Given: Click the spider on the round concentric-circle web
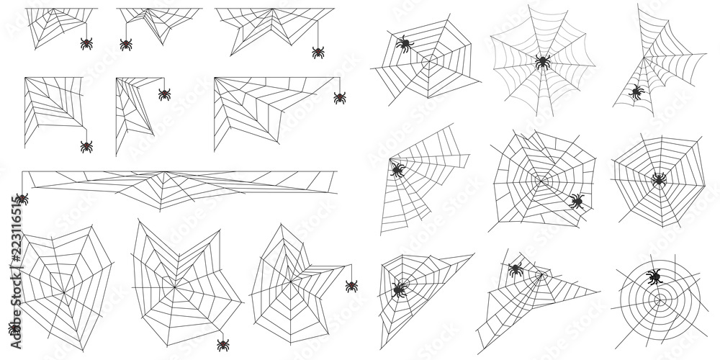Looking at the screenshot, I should click(654, 276).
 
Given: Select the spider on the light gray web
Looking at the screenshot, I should click(543, 62).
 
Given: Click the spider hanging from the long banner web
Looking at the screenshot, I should click(22, 199).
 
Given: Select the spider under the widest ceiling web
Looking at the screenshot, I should click(318, 52).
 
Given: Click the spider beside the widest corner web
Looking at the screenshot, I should click(340, 97).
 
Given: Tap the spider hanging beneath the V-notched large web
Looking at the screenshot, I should click(223, 345).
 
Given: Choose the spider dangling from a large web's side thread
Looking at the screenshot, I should click(351, 286).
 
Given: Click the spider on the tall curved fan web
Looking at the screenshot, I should click(636, 92).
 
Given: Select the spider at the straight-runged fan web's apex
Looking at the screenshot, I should click(397, 170).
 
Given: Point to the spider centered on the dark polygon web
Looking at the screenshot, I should click(658, 179).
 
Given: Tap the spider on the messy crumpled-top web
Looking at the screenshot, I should click(576, 201).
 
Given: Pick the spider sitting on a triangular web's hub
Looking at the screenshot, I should click(398, 290).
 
